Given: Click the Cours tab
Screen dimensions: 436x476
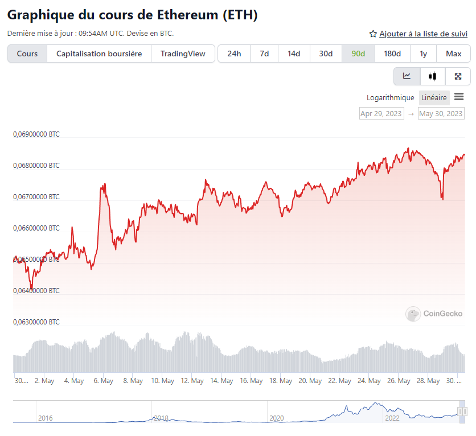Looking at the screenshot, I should coord(27,54).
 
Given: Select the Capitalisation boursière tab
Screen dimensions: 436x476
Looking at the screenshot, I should coord(100,54).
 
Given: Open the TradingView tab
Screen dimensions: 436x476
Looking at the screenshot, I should coord(183,54).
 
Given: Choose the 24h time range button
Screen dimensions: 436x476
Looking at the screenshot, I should coord(234,54).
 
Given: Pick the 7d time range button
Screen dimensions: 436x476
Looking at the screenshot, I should coord(264,54).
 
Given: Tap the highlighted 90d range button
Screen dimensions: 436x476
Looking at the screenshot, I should coord(358,54).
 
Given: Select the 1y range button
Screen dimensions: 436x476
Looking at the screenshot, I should coord(423,54).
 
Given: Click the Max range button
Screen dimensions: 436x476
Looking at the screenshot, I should coord(453,54).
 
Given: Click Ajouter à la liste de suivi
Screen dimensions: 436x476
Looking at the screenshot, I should coord(418,34).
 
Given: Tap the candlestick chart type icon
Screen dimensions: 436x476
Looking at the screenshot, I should coord(432,76).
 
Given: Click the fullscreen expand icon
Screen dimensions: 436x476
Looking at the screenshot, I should coord(458,76).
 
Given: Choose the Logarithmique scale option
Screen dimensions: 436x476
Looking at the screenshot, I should coord(391,98).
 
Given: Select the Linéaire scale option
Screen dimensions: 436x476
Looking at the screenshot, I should coord(434,98).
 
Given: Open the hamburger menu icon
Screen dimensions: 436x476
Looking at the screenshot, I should coord(459,97).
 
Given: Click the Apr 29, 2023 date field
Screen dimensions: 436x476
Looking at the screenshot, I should coord(381,113).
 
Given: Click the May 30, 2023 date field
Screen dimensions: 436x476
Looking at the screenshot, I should coord(441,113).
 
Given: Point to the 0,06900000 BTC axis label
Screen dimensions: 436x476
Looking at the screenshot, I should coord(36,135).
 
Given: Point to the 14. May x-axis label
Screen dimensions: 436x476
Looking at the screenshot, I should coord(221,381).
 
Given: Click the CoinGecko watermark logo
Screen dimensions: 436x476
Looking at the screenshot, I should coord(434,314).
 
